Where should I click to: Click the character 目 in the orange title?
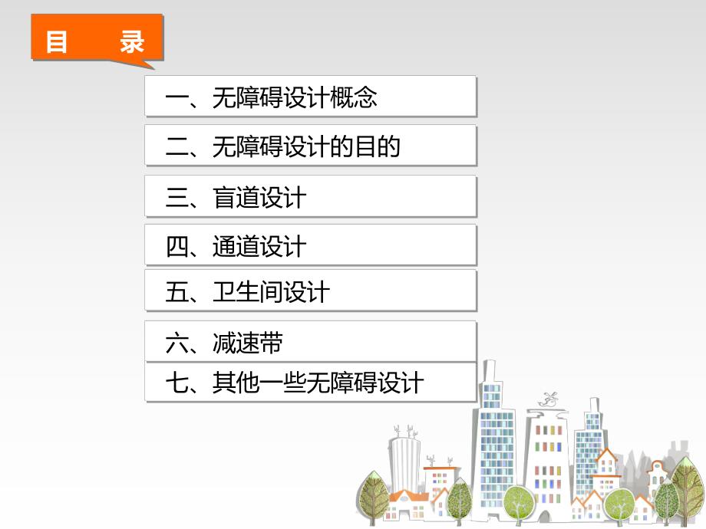click(57, 41)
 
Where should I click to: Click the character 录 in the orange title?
click(132, 41)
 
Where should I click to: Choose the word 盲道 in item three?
click(236, 198)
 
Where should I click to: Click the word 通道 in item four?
click(236, 247)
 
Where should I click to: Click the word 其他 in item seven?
click(236, 383)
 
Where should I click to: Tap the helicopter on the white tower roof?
click(547, 398)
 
